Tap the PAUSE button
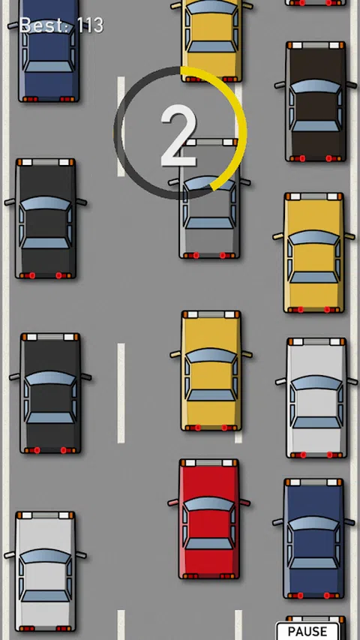coord(307,631)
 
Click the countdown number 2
coord(178,136)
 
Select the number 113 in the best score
coord(90,26)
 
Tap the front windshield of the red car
coord(209,504)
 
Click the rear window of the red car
coord(209,544)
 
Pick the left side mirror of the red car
coord(173,503)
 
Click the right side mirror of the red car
coord(245,503)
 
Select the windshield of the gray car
coord(209,184)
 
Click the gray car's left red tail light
coord(196,256)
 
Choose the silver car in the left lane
coord(45,572)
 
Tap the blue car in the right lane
coord(314,539)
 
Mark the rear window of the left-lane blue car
coord(49,67)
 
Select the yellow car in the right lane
coord(314,253)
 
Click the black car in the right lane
coord(316,101)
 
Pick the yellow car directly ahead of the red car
coord(211,371)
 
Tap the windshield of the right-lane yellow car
coord(314,238)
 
